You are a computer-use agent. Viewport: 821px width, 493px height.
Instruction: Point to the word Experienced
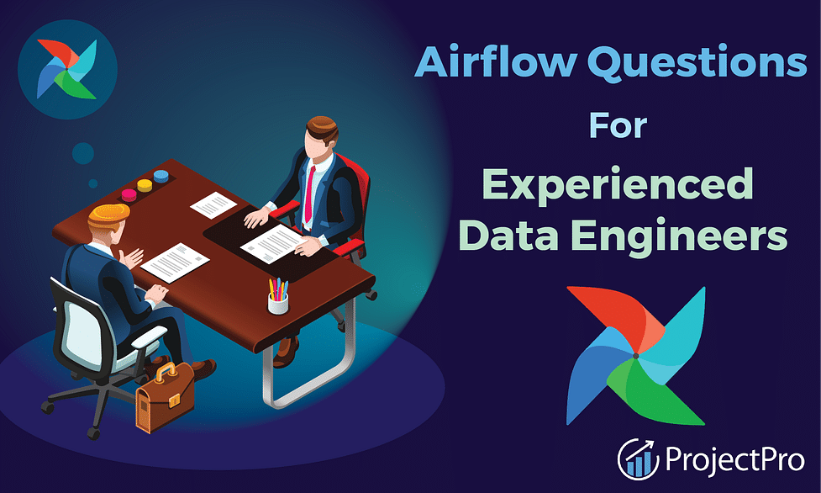pos(618,184)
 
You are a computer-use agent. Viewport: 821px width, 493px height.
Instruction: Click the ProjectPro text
pos(734,459)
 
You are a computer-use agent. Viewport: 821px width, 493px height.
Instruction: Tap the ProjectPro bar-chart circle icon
pos(638,459)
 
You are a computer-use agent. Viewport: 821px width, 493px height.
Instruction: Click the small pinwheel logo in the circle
pos(67,69)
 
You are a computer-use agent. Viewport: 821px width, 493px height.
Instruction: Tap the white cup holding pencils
pos(278,303)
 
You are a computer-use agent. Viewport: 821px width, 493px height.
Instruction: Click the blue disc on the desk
pos(161,176)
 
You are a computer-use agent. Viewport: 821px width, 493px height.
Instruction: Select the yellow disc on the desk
pos(145,185)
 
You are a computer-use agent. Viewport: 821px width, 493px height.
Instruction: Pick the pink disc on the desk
pos(129,195)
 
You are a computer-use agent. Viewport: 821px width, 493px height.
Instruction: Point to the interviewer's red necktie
pos(310,194)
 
